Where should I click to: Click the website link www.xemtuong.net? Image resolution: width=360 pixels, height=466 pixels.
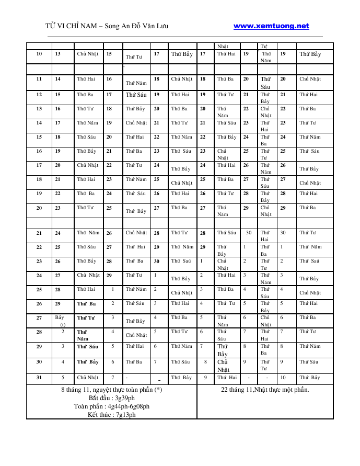point(271,26)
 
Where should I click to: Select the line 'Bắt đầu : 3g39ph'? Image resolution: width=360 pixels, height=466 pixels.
point(111,398)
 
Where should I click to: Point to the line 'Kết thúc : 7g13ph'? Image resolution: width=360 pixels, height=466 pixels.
point(111,415)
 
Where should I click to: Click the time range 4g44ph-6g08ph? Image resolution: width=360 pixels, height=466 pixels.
point(129,406)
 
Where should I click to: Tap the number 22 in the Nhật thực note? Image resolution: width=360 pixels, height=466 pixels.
point(225,390)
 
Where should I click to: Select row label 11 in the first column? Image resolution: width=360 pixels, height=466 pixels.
point(39,79)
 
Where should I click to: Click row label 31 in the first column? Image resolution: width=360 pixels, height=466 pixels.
point(39,378)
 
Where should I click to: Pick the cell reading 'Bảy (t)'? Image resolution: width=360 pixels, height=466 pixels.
point(60,321)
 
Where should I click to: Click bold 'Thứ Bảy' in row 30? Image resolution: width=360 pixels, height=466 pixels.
point(87,362)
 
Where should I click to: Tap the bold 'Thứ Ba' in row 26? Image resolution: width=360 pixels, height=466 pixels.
point(86,303)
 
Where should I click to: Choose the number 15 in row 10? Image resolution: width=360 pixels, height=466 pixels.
point(109,54)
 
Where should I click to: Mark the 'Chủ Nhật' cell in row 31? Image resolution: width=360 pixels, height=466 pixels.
point(87,378)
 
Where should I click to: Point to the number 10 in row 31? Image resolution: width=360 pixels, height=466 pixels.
point(283,378)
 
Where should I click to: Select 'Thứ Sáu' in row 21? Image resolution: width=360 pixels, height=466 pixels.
point(226,233)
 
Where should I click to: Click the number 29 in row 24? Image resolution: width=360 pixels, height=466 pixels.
point(109,275)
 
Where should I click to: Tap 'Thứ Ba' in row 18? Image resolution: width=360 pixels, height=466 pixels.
point(225,179)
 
